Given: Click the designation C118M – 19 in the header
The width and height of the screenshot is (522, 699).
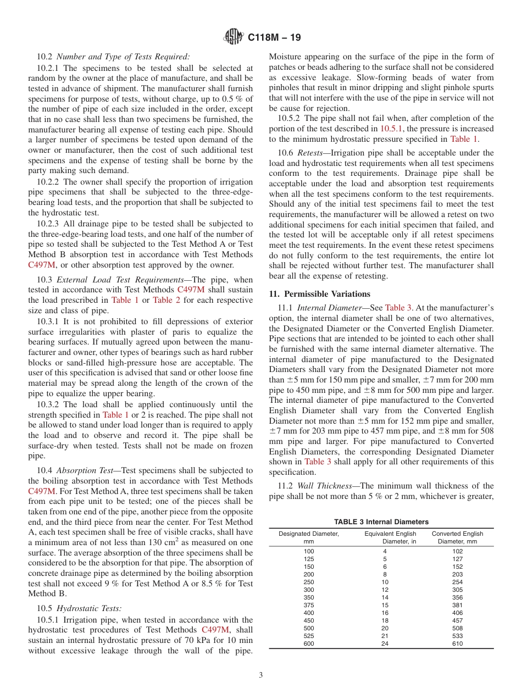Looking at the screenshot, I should click(274, 38).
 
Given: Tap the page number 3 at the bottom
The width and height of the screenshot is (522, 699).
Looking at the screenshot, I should click(261, 675).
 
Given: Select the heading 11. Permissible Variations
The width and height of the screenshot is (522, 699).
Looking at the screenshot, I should click(320, 293).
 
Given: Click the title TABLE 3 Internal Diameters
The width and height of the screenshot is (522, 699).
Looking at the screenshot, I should click(381, 522).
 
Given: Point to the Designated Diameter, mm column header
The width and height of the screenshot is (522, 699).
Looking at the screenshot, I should click(309, 537).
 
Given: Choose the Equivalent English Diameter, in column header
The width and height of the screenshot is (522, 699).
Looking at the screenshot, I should click(390, 537).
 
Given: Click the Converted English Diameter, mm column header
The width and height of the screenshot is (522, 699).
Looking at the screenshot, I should click(457, 537).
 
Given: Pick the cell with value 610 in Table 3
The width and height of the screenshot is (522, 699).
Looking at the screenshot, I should click(457, 643).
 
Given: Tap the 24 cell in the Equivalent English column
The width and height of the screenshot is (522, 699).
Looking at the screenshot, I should click(385, 643).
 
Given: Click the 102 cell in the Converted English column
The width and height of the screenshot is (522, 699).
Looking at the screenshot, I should click(457, 551).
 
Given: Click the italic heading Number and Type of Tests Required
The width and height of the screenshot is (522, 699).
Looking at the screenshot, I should click(123, 56).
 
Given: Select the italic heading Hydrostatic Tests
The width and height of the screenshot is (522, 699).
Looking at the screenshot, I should click(89, 608).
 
